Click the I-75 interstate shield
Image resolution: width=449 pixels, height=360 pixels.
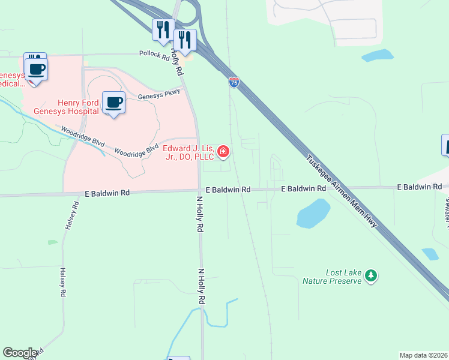click(x=234, y=82)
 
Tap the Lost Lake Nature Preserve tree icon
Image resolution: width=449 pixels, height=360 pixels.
click(x=372, y=275)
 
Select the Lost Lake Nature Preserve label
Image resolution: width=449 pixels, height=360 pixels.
click(x=343, y=277)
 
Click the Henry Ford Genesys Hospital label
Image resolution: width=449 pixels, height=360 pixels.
click(x=77, y=107)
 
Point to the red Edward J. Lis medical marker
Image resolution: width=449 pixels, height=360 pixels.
click(x=223, y=151)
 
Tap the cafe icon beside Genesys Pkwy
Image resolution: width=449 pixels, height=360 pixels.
click(x=113, y=102)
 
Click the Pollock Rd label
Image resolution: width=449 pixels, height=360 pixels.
click(x=154, y=55)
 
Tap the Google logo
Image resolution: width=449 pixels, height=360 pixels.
click(x=20, y=353)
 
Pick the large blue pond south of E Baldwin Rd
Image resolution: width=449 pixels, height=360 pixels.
click(x=313, y=213)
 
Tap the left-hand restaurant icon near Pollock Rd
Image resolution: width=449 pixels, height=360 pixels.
click(x=163, y=29)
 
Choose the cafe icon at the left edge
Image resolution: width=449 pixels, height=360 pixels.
click(x=37, y=68)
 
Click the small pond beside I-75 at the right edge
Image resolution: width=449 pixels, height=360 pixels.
click(x=430, y=254)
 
